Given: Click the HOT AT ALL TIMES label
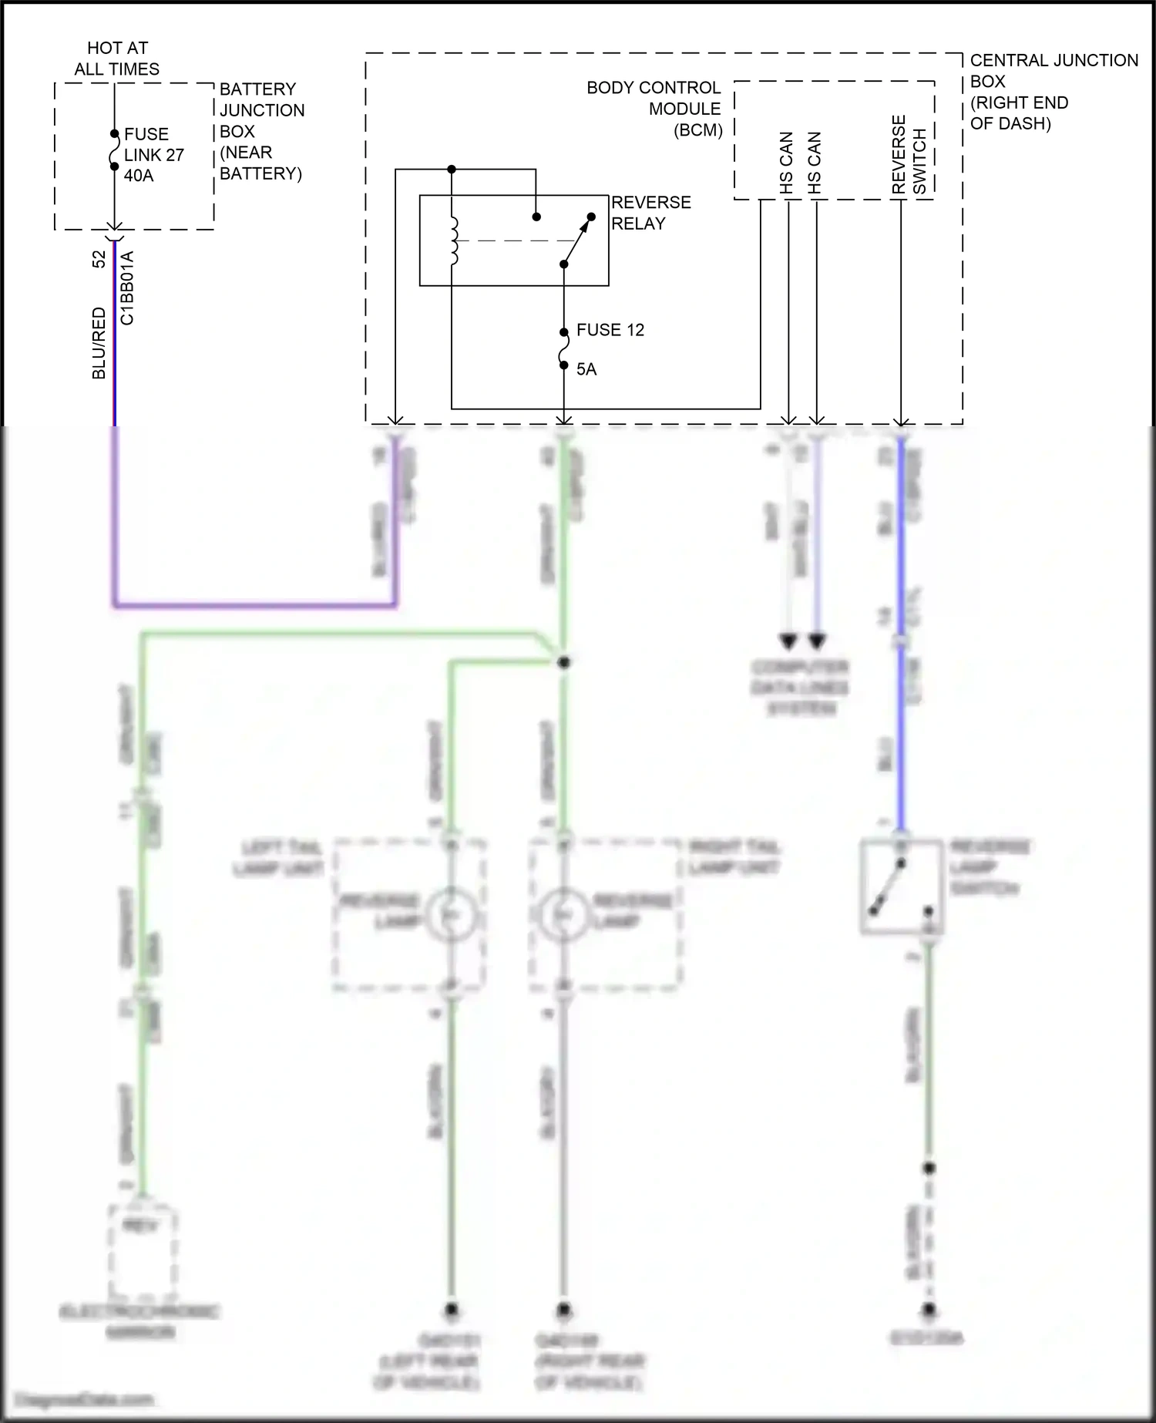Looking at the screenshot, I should tap(117, 59).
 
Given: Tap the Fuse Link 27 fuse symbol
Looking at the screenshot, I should tap(114, 150).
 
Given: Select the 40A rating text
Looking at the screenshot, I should tap(139, 176).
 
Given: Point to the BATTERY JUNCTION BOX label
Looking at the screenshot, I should tap(261, 131).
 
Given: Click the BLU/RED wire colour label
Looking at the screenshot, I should tap(99, 343).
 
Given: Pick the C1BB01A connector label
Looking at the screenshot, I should tap(128, 287).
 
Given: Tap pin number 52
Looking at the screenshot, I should tap(99, 260).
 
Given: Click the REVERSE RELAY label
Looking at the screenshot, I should tap(650, 213).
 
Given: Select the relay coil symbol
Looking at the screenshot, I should tap(454, 241).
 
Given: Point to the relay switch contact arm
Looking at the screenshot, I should tap(578, 240).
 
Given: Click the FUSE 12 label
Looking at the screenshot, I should tap(610, 330).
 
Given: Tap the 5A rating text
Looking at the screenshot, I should tap(586, 369).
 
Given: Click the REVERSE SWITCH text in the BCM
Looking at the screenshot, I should tap(909, 155).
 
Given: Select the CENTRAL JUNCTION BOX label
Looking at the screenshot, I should tap(1052, 91).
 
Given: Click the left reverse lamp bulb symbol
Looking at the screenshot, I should tap(452, 914).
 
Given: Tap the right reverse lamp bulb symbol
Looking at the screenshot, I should tap(564, 914).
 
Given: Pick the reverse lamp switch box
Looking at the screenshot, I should tap(901, 886).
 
